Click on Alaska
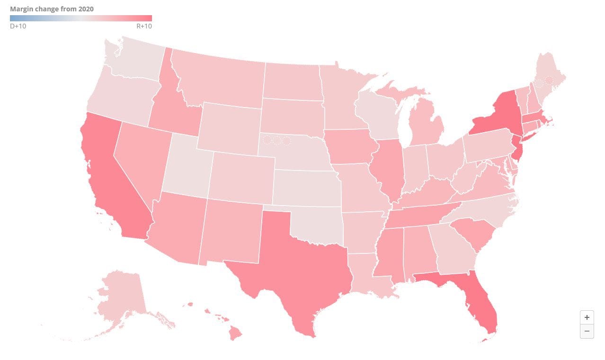118,294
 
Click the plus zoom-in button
587,317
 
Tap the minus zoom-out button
587,331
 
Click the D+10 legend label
18,26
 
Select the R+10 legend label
144,26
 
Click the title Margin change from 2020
52,9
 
